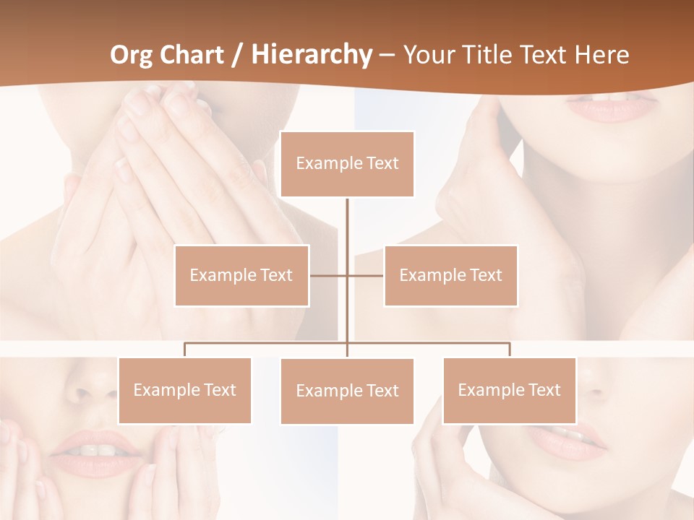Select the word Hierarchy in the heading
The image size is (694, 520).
point(312,55)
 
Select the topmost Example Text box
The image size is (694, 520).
point(347,164)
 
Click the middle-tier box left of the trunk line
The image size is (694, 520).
point(241,275)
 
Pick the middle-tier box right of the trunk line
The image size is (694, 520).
point(450,275)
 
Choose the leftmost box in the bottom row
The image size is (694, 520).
point(184,390)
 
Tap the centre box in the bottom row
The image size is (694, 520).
point(347,391)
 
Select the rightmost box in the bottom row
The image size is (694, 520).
point(509,390)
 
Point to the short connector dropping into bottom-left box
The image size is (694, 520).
point(184,350)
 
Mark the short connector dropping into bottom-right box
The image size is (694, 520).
point(510,350)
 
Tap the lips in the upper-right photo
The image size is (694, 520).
point(611,108)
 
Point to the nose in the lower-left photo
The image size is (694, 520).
point(90,390)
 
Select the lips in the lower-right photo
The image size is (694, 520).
point(571,438)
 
